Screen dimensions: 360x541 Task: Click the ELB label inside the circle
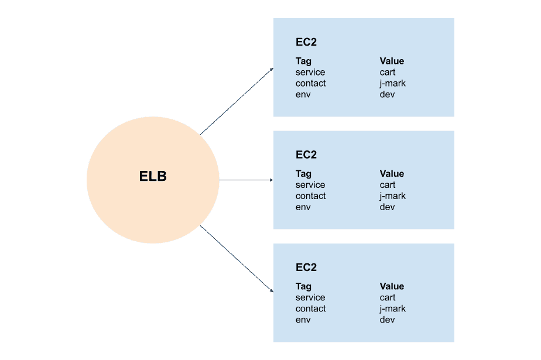point(153,176)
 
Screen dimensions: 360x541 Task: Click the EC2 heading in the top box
point(306,42)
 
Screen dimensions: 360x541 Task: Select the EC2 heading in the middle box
point(306,155)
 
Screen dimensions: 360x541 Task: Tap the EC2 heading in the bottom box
point(306,268)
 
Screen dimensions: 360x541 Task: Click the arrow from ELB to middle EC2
point(246,180)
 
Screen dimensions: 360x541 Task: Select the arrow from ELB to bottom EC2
point(237,258)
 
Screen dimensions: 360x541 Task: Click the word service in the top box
point(310,73)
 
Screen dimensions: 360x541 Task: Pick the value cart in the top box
point(387,73)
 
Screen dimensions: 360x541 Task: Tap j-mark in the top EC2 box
point(392,83)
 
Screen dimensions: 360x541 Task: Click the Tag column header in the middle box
point(303,174)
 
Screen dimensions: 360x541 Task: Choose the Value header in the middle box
point(392,174)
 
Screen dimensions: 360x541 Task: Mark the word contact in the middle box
point(310,196)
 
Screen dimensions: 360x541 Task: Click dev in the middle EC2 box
point(387,207)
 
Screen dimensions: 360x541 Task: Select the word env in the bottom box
point(303,320)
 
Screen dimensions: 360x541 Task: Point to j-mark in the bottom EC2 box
point(392,308)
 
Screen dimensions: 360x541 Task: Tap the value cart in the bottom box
point(387,298)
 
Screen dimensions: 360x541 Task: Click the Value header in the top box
point(392,61)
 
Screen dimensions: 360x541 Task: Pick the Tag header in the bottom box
point(303,286)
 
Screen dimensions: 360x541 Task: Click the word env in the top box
point(303,94)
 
